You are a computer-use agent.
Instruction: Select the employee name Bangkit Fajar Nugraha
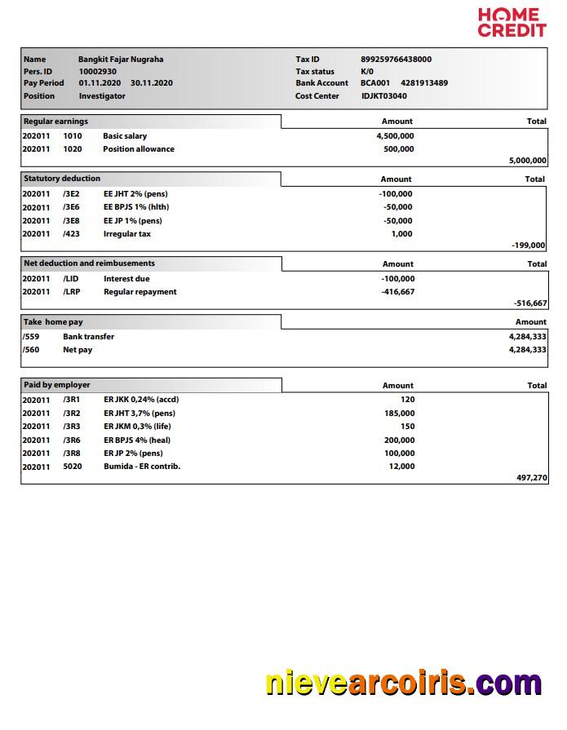[120, 59]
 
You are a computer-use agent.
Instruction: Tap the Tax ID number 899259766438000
[396, 59]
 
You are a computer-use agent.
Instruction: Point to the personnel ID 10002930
[97, 71]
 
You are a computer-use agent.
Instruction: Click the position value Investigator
[102, 96]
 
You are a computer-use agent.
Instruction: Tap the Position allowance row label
[138, 149]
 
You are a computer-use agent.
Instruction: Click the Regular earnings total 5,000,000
[527, 161]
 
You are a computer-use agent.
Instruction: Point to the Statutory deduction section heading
[62, 179]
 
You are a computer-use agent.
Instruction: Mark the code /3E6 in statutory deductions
[71, 207]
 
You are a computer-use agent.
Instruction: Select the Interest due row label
[126, 279]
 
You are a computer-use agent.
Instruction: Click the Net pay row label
[78, 350]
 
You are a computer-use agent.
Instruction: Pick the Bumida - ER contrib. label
[142, 467]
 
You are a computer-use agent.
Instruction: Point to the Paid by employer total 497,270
[532, 478]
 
